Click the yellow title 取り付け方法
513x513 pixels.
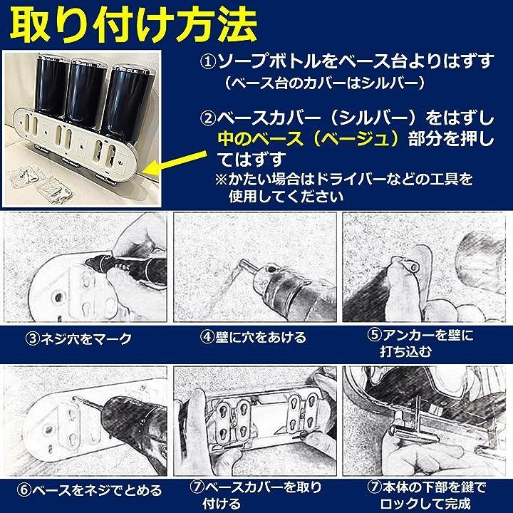point(133,26)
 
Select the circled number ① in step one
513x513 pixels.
point(208,62)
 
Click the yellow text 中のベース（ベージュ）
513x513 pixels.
point(309,139)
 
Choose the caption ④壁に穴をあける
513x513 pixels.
point(253,337)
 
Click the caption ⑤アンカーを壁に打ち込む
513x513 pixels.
point(420,343)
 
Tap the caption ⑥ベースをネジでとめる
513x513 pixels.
point(89,491)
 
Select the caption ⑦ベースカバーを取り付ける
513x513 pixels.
point(256,496)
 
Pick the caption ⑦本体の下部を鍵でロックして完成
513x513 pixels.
point(425,496)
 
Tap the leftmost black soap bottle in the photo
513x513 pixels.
point(52,85)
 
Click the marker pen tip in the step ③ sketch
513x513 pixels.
point(90,261)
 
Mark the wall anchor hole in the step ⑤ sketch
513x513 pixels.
point(415,268)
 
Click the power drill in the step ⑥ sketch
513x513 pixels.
point(131,425)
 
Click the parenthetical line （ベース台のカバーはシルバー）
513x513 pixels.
point(325,83)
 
